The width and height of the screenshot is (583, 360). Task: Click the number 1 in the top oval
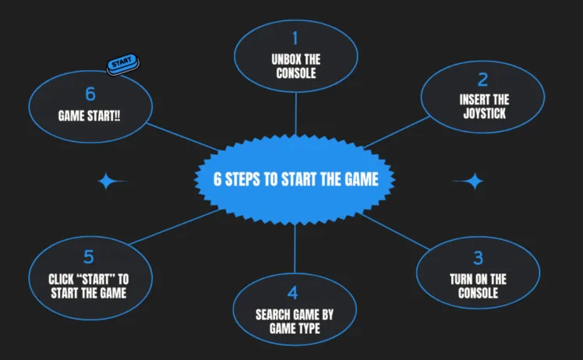point(295,38)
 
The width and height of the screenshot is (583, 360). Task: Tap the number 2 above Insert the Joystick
point(483,79)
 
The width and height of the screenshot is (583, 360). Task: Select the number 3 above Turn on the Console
point(478,258)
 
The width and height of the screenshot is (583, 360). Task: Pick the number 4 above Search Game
point(293,294)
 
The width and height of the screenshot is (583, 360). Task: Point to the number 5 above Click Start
point(88,257)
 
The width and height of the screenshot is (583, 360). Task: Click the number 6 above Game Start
point(90,94)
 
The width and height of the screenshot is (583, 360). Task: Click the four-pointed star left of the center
point(109,182)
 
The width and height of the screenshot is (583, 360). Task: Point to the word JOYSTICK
point(483,114)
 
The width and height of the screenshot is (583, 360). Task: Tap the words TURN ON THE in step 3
point(478,279)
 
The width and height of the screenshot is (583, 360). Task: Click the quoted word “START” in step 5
point(100,279)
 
